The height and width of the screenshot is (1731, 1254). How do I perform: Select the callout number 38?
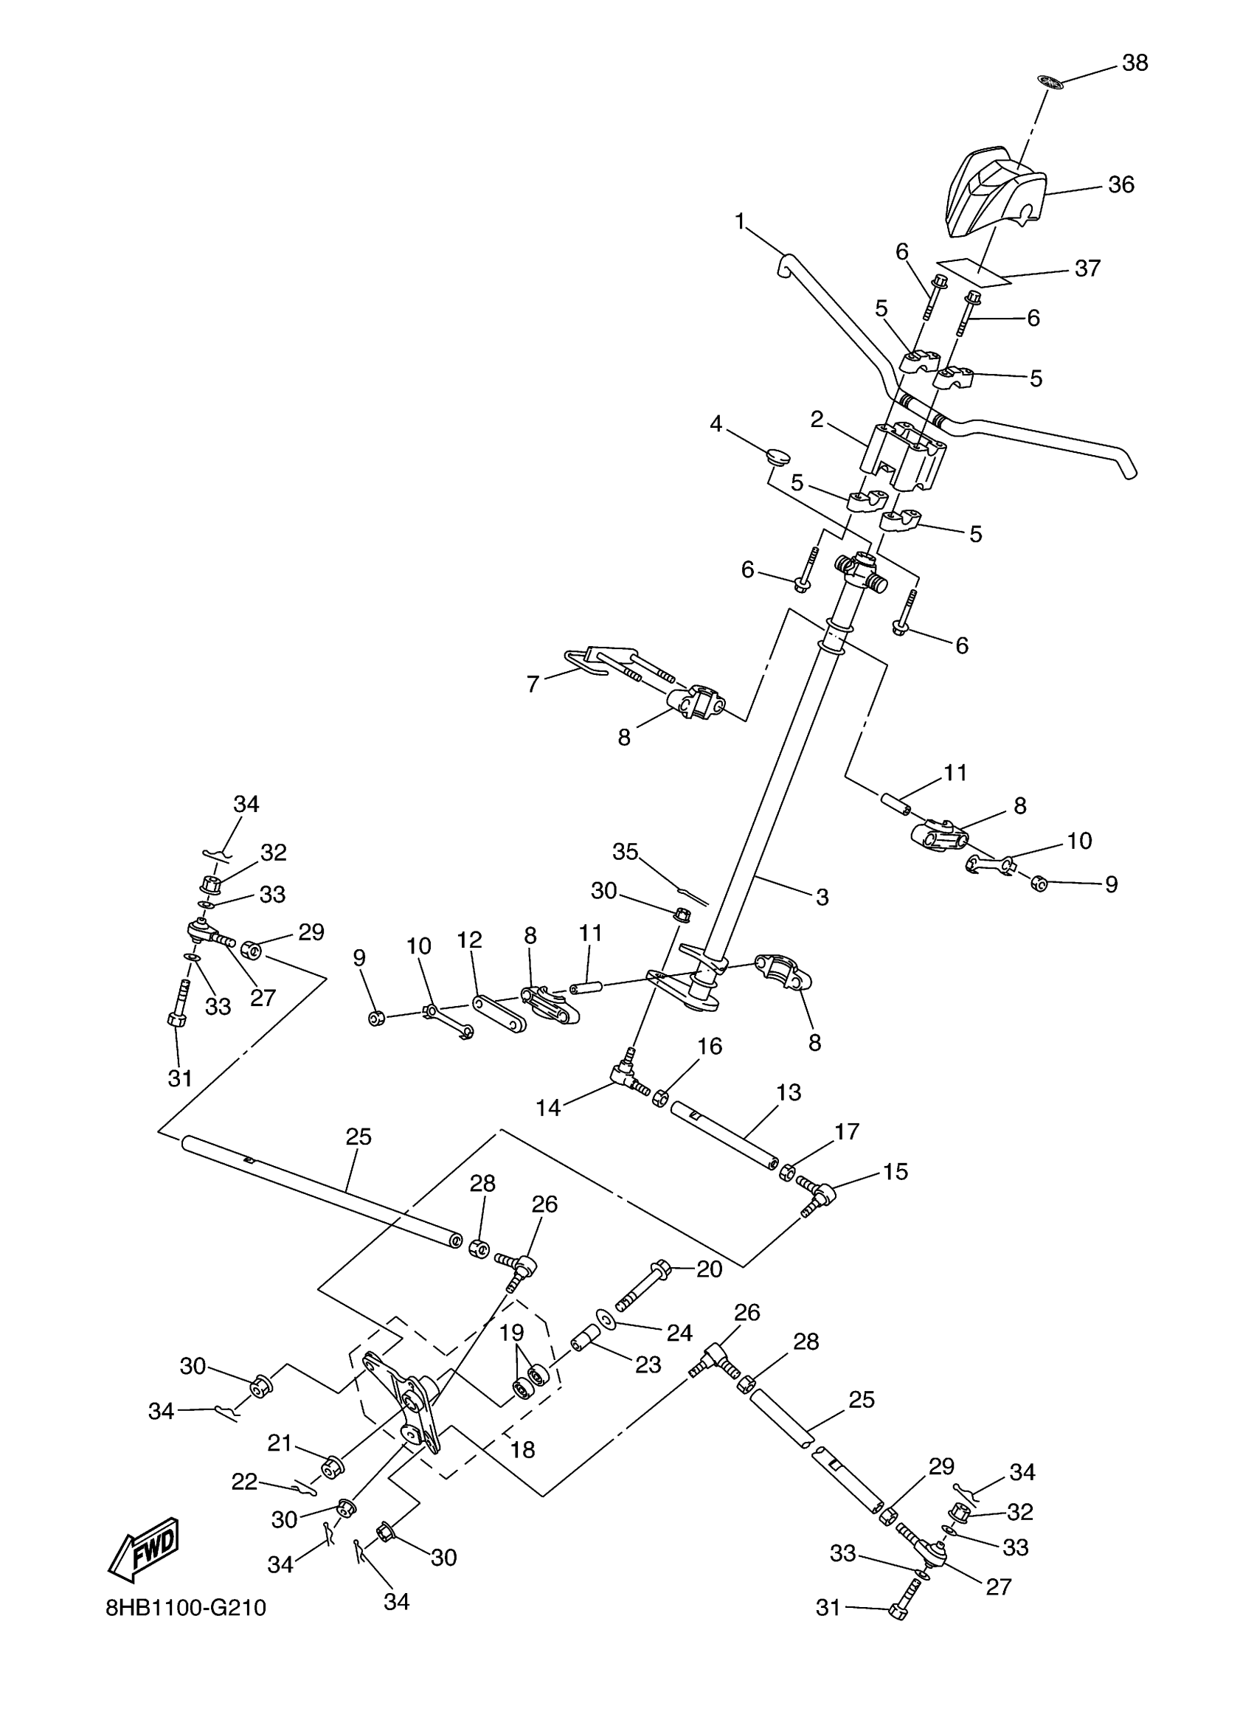pos(1135,63)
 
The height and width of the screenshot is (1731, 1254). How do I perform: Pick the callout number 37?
pos(1087,268)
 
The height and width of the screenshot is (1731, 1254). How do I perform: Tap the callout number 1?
pos(739,222)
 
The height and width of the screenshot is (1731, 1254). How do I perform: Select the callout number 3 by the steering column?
pos(822,898)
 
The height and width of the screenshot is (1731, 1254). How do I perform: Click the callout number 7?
pos(533,683)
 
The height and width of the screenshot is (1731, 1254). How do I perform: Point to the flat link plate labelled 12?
pos(500,1013)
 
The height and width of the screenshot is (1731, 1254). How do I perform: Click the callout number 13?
pos(789,1093)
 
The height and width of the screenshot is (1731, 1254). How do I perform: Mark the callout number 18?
pos(522,1449)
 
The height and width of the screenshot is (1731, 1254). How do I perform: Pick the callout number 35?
pos(625,852)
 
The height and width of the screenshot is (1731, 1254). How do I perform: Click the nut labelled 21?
pos(333,1467)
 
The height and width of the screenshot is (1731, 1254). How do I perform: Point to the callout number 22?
pos(244,1482)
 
